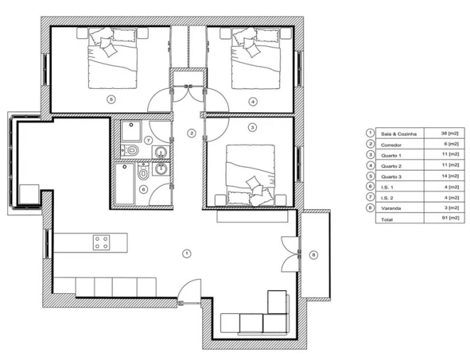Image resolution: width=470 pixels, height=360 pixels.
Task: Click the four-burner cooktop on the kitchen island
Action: (101, 242)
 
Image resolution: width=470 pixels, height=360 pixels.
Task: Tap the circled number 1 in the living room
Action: (187, 253)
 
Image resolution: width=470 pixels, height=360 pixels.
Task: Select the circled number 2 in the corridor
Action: (191, 133)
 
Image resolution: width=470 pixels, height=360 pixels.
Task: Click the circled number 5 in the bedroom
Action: (110, 100)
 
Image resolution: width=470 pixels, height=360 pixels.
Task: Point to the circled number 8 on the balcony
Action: (314, 254)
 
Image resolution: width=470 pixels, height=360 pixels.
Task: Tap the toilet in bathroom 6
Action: (144, 173)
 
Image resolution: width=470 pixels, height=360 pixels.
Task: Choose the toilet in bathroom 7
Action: (132, 149)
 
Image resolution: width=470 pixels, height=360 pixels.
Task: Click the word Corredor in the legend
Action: (392, 144)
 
